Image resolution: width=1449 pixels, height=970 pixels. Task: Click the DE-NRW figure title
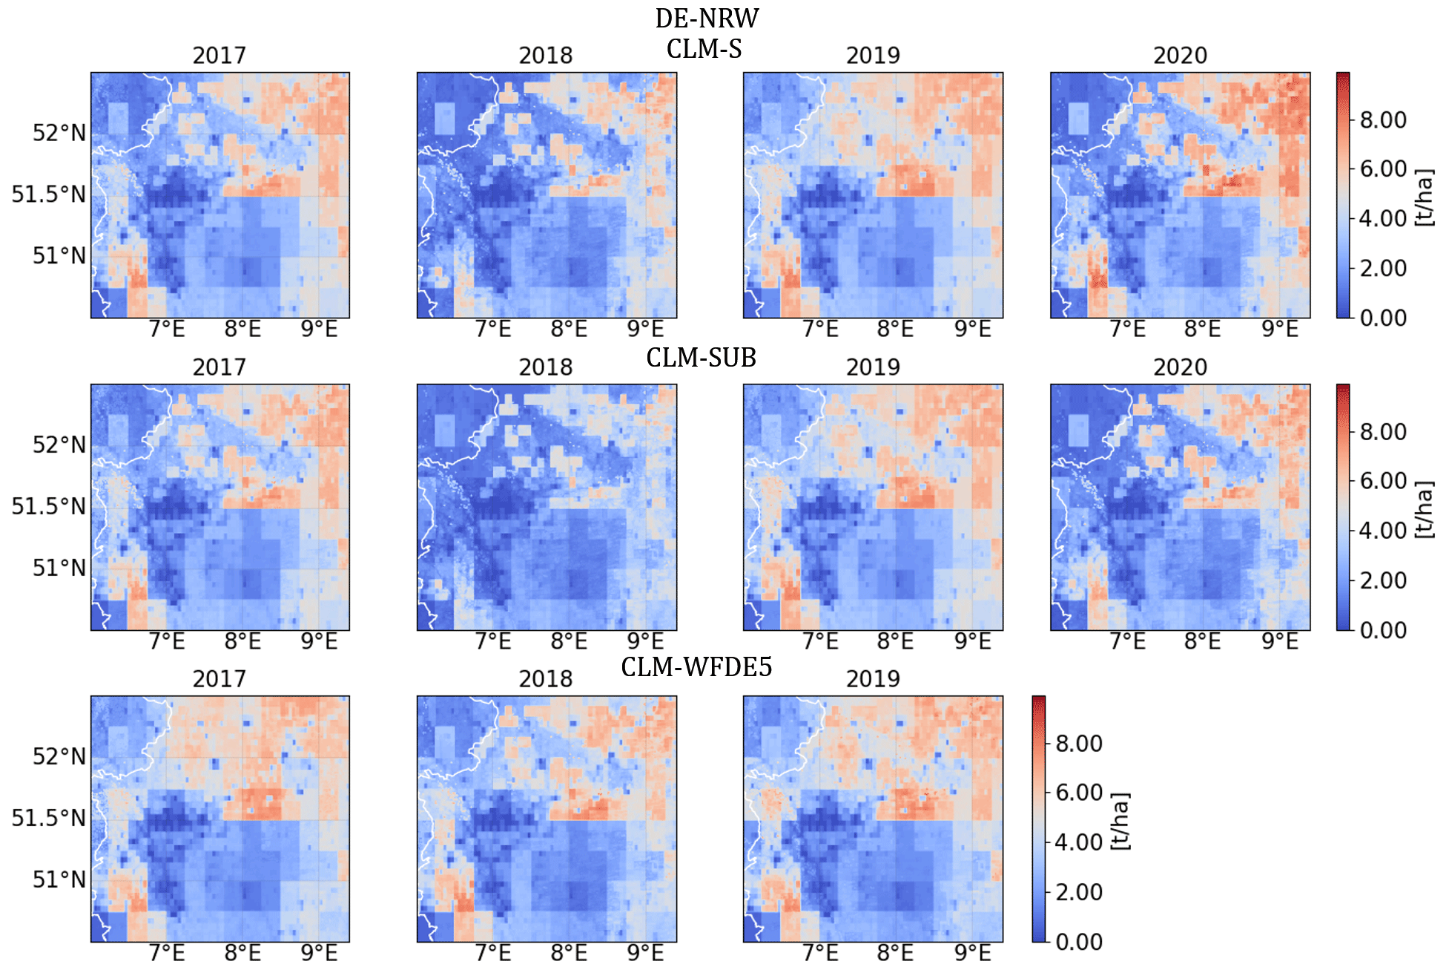[706, 18]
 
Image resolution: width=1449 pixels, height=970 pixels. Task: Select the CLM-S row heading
[704, 49]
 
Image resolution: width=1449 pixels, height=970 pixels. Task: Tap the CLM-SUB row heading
[701, 358]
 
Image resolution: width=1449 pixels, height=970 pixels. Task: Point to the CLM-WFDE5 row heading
[696, 667]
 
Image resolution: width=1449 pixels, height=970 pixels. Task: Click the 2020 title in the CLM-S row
[1180, 56]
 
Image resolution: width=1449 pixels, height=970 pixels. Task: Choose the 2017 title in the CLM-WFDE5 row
[219, 679]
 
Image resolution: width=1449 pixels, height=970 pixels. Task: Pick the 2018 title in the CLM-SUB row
[546, 367]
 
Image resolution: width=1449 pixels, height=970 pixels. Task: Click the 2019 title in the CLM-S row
[873, 56]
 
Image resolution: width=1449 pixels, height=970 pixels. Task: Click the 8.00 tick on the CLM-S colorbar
[1383, 119]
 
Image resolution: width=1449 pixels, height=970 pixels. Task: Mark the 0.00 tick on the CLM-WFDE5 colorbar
[1079, 942]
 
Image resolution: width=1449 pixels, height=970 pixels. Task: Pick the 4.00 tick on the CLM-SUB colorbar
[1383, 531]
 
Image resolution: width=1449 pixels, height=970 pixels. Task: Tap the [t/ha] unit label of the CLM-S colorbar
[1425, 197]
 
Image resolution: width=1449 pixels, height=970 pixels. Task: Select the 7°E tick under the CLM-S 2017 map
[167, 330]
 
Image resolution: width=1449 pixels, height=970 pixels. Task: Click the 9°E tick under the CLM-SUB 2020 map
[1280, 641]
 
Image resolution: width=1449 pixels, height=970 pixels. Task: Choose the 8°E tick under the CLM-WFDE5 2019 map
[895, 953]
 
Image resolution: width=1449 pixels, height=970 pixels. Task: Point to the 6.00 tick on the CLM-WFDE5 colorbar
[1079, 793]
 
